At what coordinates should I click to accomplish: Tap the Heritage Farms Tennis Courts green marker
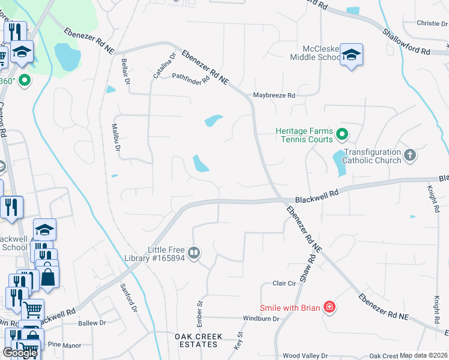[342, 134]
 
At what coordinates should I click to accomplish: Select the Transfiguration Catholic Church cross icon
[410, 155]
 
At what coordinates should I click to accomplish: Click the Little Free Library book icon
[194, 253]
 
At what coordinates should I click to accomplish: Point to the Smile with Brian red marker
[329, 308]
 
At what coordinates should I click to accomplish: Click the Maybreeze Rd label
[274, 95]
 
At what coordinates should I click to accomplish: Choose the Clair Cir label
[285, 283]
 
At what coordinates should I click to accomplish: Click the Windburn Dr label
[261, 319]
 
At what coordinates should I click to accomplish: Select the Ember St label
[200, 312]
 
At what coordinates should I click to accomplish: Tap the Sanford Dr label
[129, 297]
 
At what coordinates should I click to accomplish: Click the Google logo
[19, 353]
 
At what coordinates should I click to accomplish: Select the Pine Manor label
[64, 345]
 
